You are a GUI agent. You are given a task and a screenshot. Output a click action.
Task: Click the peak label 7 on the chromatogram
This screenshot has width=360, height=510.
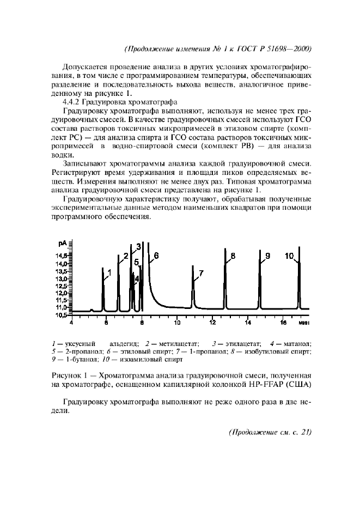click(x=201, y=273)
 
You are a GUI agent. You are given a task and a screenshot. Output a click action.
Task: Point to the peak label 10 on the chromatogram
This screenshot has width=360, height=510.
click(x=289, y=256)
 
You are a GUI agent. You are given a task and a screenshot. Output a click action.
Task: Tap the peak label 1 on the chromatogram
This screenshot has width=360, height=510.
click(x=109, y=271)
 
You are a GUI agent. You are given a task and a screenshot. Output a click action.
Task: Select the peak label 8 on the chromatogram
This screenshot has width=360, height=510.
click(x=233, y=256)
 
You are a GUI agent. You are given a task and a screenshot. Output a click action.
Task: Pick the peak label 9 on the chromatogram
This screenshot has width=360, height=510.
click(x=267, y=256)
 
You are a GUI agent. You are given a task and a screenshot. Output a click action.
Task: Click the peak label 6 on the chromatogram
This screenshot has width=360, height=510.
click(x=156, y=254)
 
